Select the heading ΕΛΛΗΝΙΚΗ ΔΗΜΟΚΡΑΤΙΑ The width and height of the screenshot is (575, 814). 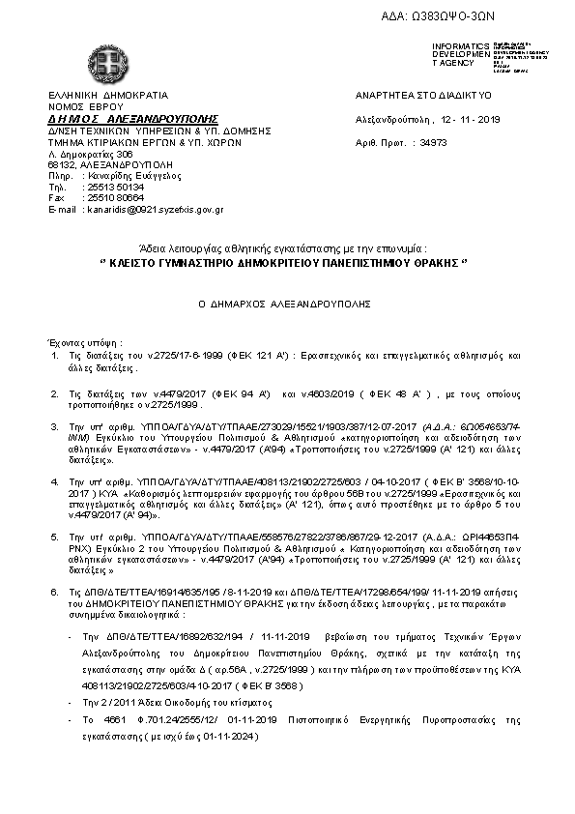pos(107,96)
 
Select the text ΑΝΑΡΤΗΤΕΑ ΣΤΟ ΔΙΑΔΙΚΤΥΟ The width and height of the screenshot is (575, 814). pos(423,96)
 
